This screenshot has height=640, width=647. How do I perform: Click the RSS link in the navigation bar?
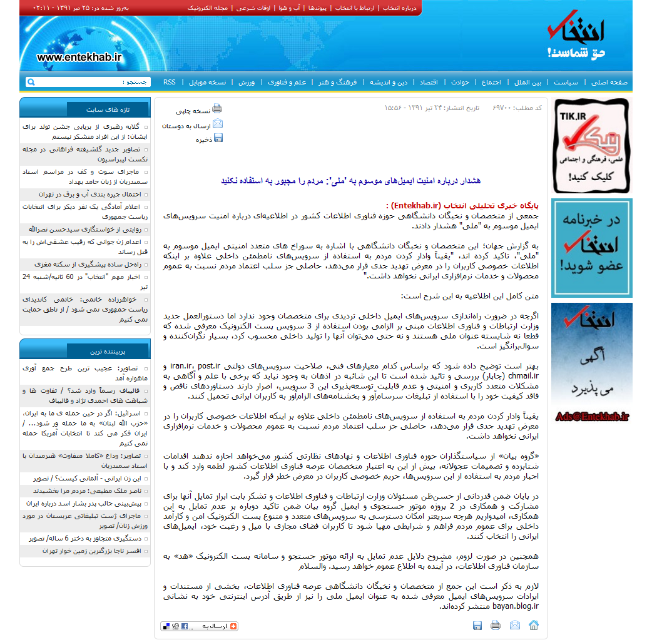170,82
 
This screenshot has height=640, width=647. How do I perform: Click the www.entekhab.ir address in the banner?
79,57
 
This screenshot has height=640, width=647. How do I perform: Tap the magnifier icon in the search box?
31,82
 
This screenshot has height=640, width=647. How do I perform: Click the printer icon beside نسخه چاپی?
217,108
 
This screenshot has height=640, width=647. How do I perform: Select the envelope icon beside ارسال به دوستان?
217,123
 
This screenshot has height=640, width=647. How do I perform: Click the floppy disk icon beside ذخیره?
218,138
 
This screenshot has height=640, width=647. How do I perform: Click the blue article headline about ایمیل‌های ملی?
350,181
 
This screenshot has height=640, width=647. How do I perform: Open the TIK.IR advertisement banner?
591,146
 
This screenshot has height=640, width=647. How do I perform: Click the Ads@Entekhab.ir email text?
591,417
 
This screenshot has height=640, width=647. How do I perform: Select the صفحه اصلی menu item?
609,82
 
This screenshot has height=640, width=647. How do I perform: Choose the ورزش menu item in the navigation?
247,82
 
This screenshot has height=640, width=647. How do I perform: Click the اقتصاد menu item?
429,82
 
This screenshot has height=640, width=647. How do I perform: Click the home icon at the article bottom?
534,625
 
